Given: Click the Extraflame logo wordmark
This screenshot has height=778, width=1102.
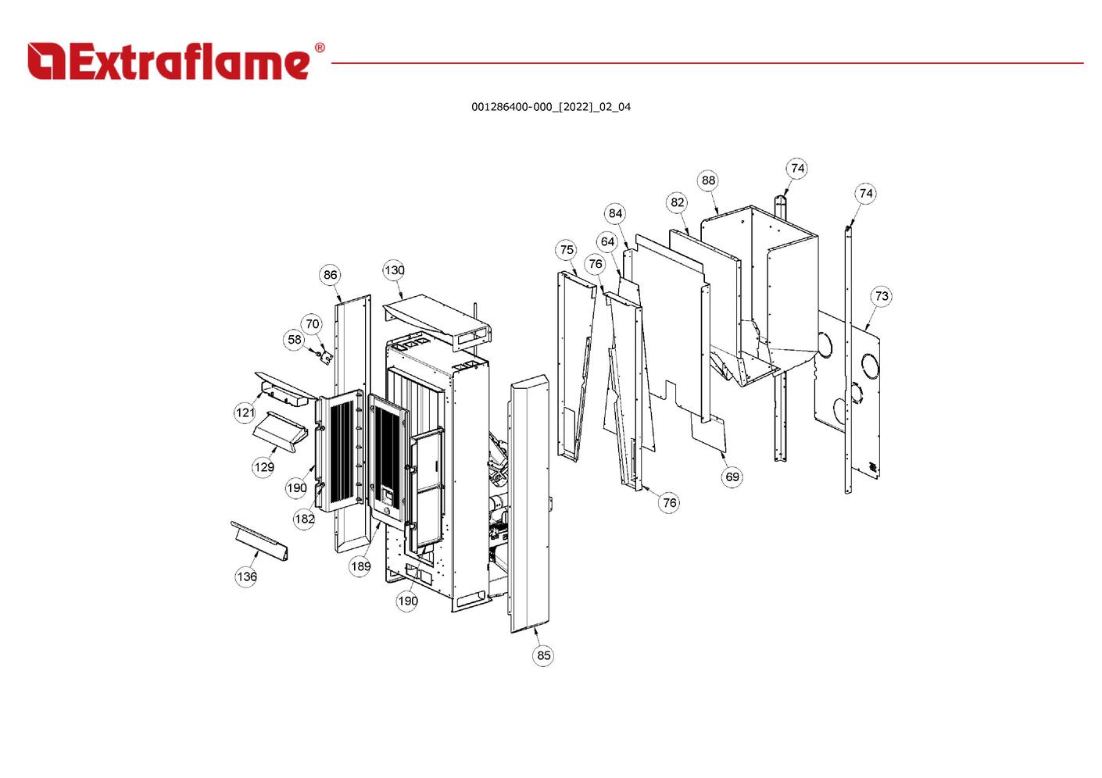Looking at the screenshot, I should (170, 61).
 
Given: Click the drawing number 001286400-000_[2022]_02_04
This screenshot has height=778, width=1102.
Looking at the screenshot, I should (550, 107).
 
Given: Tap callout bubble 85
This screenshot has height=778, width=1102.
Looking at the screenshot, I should (544, 655).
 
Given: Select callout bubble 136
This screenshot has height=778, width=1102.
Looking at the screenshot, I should (246, 576).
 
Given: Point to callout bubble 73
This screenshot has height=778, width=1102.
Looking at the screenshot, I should (882, 296).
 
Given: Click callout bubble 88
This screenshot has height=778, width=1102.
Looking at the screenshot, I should (708, 180).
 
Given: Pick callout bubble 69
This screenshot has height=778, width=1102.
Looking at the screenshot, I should (732, 476).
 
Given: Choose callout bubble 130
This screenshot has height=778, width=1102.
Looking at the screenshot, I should (394, 270).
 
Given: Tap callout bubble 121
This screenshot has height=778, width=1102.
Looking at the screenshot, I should (245, 412).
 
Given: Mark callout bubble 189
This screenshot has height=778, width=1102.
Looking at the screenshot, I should (360, 566).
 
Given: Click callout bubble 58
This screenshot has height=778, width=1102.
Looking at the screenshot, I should (294, 340).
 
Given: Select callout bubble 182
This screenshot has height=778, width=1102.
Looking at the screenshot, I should (304, 519).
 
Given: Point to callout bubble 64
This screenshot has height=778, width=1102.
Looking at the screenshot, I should (607, 241).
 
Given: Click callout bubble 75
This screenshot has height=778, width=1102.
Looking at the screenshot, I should (567, 250).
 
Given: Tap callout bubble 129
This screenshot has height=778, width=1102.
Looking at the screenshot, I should (263, 467).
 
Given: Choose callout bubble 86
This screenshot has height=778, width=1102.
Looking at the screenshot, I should (331, 274).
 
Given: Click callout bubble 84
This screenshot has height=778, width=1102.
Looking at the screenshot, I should (616, 213).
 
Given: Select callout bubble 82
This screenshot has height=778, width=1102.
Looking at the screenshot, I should (677, 202).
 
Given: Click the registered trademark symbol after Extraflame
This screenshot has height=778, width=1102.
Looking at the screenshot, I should (319, 48).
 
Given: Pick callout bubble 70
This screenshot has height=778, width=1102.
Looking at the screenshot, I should (313, 324).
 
